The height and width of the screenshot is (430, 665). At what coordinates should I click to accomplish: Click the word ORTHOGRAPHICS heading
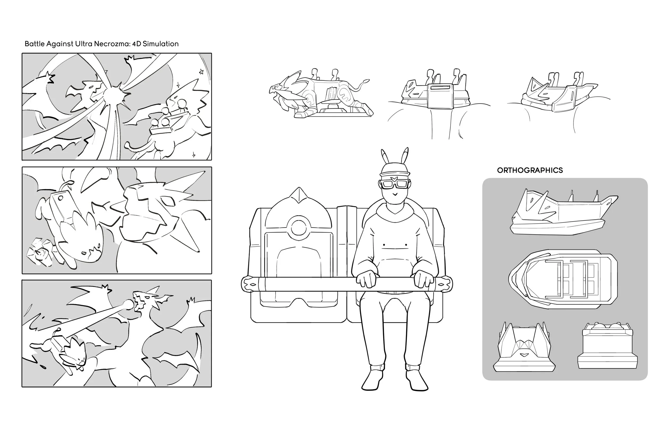point(530,170)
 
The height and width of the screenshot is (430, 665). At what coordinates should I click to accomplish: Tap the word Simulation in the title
point(161,44)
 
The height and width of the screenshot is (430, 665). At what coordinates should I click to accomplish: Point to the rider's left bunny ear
point(385,158)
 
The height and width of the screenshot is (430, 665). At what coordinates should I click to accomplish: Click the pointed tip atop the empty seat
point(299,188)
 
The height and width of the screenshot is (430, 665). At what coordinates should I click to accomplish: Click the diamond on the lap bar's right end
point(443,285)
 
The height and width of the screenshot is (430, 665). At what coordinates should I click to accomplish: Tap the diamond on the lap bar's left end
point(252,285)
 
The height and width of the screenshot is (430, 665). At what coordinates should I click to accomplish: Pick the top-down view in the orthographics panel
point(563,280)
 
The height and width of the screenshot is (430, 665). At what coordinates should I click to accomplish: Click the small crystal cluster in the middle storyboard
point(40,252)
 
